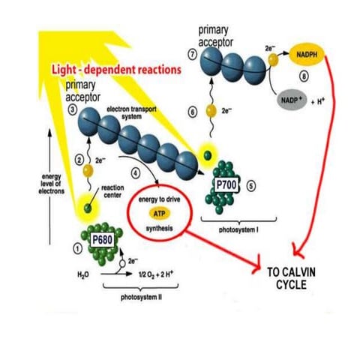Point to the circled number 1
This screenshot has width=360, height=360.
(75, 247)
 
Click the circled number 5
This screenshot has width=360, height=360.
(251, 184)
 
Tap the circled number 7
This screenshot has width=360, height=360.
(193, 56)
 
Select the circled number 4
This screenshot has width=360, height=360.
(135, 172)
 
